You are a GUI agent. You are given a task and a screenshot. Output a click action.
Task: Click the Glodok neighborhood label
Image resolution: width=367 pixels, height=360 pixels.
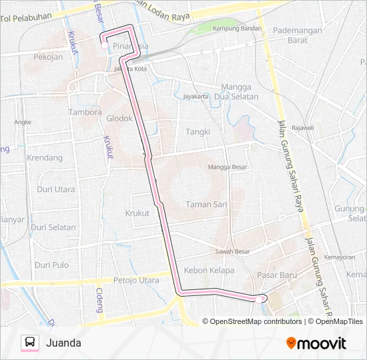(x=120, y=118)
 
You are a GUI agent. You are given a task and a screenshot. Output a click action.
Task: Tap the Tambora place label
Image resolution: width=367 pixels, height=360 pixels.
(x=85, y=112)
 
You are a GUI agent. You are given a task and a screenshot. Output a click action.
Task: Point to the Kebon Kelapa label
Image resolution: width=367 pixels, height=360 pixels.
(x=208, y=271)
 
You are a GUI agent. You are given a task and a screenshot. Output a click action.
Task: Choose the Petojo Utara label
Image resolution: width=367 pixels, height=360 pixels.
(x=136, y=281)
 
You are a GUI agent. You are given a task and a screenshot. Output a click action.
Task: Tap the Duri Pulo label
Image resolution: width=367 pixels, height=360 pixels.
(x=52, y=265)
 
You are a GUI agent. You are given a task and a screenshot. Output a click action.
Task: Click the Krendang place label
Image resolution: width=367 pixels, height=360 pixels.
(x=45, y=158)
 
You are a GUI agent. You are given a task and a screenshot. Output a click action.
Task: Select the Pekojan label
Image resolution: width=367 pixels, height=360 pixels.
(x=48, y=57)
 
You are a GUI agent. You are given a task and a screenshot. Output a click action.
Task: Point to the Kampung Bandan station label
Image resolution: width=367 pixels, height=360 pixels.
(x=237, y=29)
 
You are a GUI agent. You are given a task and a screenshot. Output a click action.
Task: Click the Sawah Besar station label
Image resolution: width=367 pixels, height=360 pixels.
(x=233, y=251)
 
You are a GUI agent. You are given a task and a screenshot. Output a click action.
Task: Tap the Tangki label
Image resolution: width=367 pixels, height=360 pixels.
(x=198, y=132)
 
